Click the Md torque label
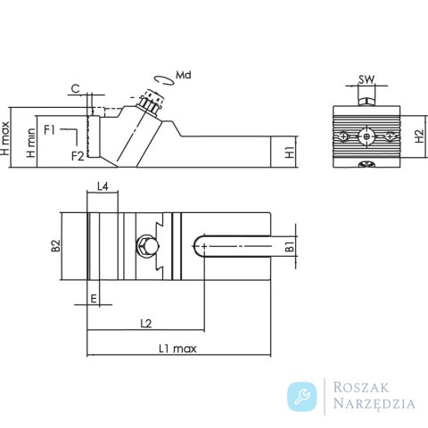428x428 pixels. (x=184, y=75)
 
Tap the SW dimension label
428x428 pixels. (x=366, y=79)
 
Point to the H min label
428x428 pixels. (x=31, y=143)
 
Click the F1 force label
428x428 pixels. (x=49, y=129)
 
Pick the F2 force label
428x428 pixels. (x=78, y=156)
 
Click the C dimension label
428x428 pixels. (x=76, y=88)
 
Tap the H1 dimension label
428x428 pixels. (x=290, y=152)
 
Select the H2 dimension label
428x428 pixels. (x=419, y=136)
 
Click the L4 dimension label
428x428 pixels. (x=103, y=186)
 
